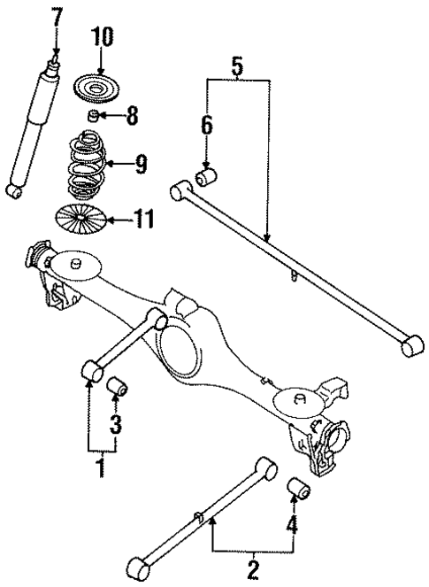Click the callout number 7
(x=57, y=17)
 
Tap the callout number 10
(x=102, y=37)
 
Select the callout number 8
(x=133, y=116)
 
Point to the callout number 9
(x=140, y=164)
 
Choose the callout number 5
(x=236, y=65)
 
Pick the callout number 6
(x=206, y=125)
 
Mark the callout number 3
(x=116, y=422)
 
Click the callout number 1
(x=100, y=466)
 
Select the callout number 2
(x=253, y=567)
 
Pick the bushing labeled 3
(x=118, y=388)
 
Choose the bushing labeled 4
(x=298, y=488)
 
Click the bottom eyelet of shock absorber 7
(x=13, y=190)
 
